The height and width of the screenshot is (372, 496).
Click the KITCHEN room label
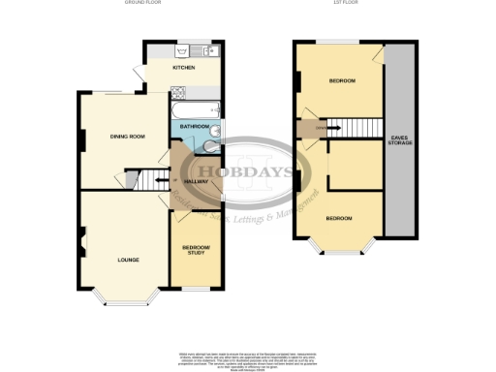point(184,68)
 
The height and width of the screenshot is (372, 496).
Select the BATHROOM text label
point(194,126)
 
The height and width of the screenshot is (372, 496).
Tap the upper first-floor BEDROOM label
point(341,80)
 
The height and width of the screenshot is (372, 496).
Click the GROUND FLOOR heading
point(141,4)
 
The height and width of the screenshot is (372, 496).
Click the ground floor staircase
point(143,179)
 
